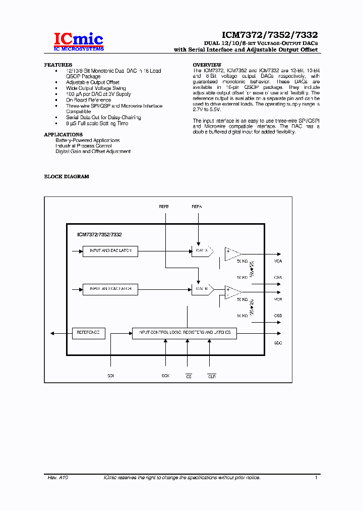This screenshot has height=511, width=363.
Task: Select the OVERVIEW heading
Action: pyautogui.click(x=207, y=65)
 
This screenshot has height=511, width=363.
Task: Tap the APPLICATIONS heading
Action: pyautogui.click(x=63, y=135)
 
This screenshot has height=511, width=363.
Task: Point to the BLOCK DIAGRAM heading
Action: pyautogui.click(x=67, y=177)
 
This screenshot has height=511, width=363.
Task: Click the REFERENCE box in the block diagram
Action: pyautogui.click(x=89, y=333)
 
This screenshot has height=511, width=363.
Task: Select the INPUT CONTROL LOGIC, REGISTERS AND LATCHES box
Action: pyautogui.click(x=185, y=333)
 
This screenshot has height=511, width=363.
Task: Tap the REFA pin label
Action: pyautogui.click(x=197, y=207)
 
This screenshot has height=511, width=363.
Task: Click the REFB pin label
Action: pyautogui.click(x=164, y=207)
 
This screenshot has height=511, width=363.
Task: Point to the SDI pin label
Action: pyautogui.click(x=110, y=376)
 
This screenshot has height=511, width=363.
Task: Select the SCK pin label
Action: pyautogui.click(x=165, y=376)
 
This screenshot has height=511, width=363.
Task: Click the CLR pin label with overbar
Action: pyautogui.click(x=212, y=376)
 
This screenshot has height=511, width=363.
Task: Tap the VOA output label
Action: pyautogui.click(x=278, y=261)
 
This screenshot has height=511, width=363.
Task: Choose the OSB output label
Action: pyautogui.click(x=278, y=316)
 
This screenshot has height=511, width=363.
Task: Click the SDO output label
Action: pyautogui.click(x=278, y=342)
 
